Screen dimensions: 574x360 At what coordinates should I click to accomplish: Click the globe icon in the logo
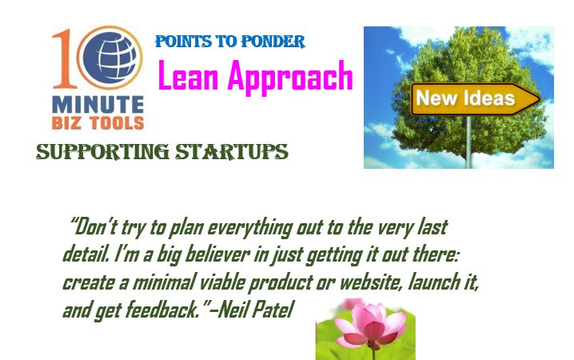[110, 58]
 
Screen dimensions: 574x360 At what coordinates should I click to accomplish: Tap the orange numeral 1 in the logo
[65, 59]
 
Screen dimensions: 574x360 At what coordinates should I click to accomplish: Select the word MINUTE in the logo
[98, 104]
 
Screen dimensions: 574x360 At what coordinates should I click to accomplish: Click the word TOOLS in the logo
[117, 123]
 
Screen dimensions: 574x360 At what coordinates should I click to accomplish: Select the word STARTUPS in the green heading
[232, 152]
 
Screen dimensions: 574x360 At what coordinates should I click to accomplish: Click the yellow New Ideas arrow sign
[475, 99]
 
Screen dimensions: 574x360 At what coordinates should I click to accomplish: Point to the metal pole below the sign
[469, 142]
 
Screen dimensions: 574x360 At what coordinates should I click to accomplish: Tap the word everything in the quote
[250, 228]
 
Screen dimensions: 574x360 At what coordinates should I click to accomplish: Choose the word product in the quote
[281, 282]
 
